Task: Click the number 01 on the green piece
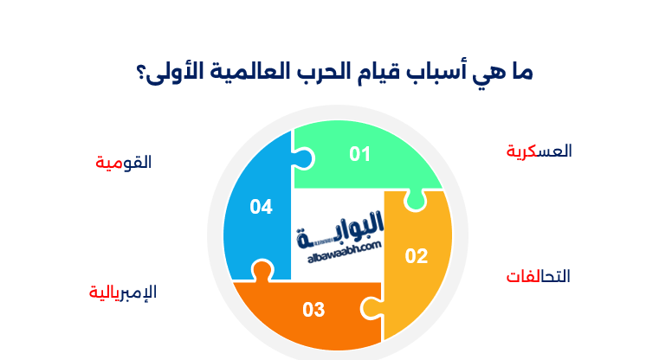pyautogui.click(x=360, y=155)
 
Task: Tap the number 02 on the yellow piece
pyautogui.click(x=417, y=256)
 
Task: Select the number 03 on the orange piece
pyautogui.click(x=313, y=309)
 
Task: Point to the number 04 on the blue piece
pyautogui.click(x=261, y=207)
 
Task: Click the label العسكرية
pyautogui.click(x=539, y=151)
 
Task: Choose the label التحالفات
pyautogui.click(x=538, y=277)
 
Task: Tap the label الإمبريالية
pyautogui.click(x=122, y=292)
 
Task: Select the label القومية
pyautogui.click(x=123, y=162)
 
